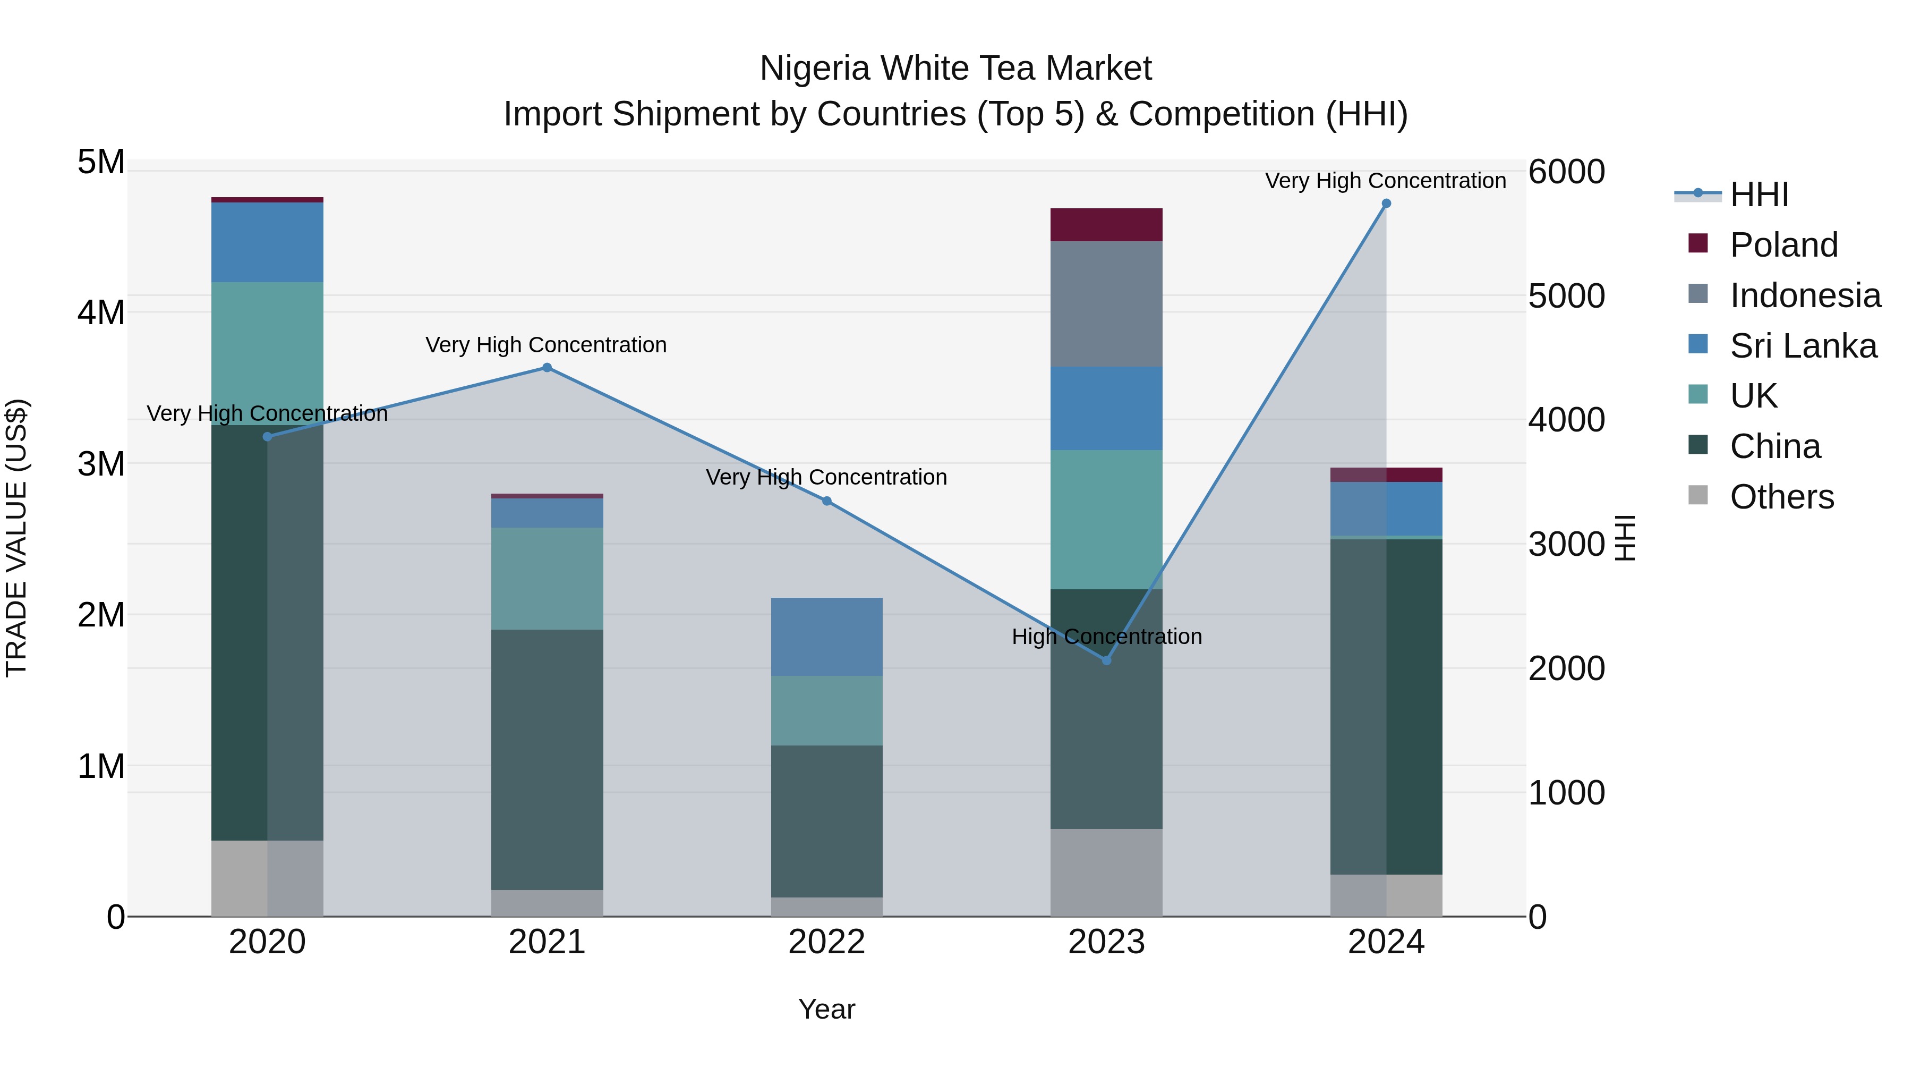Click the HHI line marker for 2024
point(1386,204)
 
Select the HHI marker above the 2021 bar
point(547,368)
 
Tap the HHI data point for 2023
point(1106,660)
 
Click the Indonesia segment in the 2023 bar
point(1106,304)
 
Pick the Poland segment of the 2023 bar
point(1106,225)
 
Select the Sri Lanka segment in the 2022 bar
point(827,637)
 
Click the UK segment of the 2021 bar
point(547,579)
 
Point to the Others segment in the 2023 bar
point(1106,872)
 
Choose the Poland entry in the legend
point(1783,245)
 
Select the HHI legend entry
point(1759,194)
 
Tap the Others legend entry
point(1781,497)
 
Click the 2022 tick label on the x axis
point(827,942)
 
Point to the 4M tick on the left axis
point(101,312)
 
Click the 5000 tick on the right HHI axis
point(1566,295)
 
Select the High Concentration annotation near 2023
point(1106,637)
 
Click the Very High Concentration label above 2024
point(1385,181)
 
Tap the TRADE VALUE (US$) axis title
point(16,538)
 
